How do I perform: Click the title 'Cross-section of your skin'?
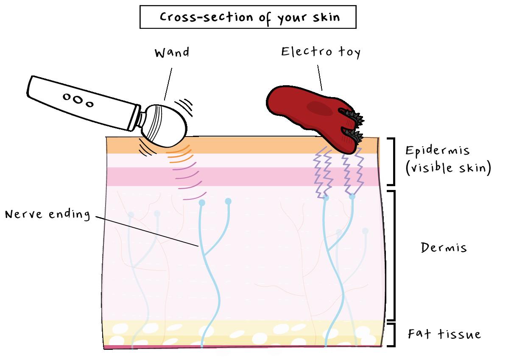(248, 17)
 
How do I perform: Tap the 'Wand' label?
(172, 53)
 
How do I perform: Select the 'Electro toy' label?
(321, 52)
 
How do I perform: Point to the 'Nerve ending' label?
(47, 214)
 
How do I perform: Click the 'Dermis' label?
(444, 247)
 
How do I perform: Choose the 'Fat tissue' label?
(444, 334)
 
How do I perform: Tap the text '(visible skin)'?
(448, 168)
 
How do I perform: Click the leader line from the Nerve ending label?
(146, 231)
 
